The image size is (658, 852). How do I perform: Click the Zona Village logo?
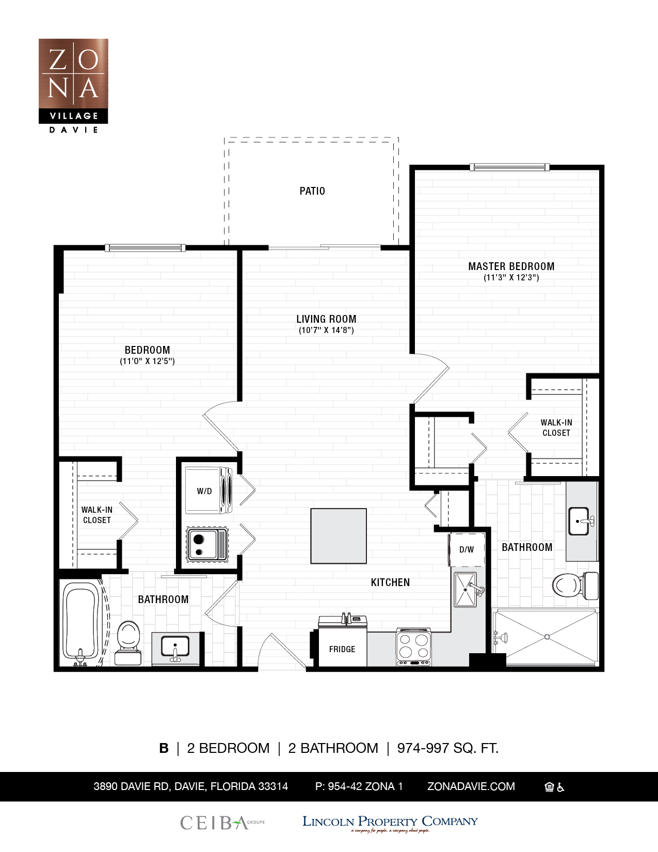click(73, 86)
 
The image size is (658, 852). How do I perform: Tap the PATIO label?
click(312, 191)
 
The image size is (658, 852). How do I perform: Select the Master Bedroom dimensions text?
click(511, 278)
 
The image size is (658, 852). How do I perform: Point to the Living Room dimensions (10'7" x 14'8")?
click(326, 330)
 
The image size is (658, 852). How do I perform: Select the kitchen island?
click(338, 536)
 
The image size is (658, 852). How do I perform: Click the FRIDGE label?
click(342, 649)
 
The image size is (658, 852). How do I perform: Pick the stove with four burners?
click(413, 647)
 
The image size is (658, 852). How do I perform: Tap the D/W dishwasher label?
click(467, 549)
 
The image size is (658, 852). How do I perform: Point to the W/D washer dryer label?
click(204, 491)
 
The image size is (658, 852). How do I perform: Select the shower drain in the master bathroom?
click(547, 637)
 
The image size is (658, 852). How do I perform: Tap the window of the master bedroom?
click(509, 167)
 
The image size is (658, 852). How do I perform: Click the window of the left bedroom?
click(145, 248)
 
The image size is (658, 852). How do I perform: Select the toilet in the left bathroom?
click(129, 643)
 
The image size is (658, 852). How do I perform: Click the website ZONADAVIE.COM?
click(471, 786)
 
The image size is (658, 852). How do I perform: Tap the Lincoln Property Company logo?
click(390, 823)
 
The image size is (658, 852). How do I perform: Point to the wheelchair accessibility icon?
click(560, 787)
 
